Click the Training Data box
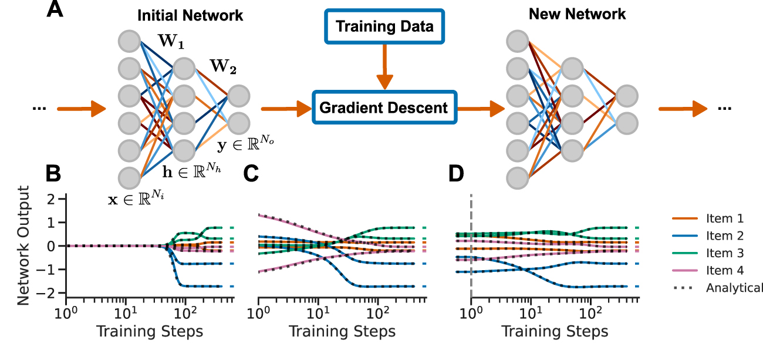point(384,26)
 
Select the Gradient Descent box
point(384,108)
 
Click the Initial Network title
point(190,16)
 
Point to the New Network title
point(578,14)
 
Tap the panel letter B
point(55,174)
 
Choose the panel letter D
point(455,174)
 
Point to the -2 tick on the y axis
point(51,294)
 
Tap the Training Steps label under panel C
point(342,331)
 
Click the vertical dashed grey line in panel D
point(471,247)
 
